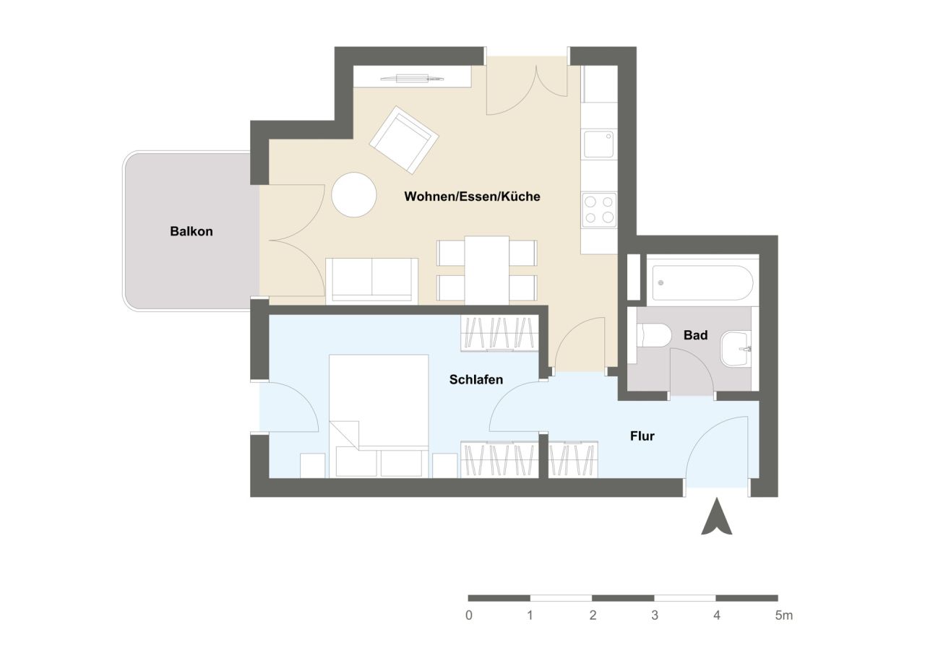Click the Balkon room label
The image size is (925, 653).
point(192,232)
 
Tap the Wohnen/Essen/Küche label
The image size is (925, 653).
point(472,196)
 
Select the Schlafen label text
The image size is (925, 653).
point(476,379)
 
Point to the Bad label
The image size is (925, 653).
point(695,335)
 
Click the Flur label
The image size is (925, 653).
point(642,436)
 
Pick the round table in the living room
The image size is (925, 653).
point(354,194)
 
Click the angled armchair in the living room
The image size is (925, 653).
point(404,139)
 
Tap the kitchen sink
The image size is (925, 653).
point(599,144)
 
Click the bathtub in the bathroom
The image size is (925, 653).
point(702,283)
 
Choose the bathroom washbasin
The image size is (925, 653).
point(736,349)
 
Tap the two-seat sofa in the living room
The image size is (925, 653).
point(371,279)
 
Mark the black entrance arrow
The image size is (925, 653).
point(717,517)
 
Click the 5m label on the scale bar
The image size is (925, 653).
point(783,616)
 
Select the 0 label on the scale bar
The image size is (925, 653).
point(469,616)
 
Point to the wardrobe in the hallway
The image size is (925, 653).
point(572,459)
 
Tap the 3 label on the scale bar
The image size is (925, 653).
point(655,616)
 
